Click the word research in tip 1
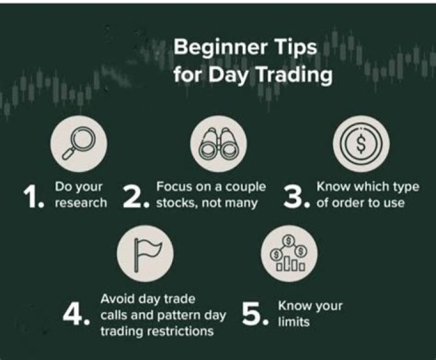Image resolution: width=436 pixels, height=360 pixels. [x=81, y=203]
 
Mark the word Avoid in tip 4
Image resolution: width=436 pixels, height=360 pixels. [x=115, y=299]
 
